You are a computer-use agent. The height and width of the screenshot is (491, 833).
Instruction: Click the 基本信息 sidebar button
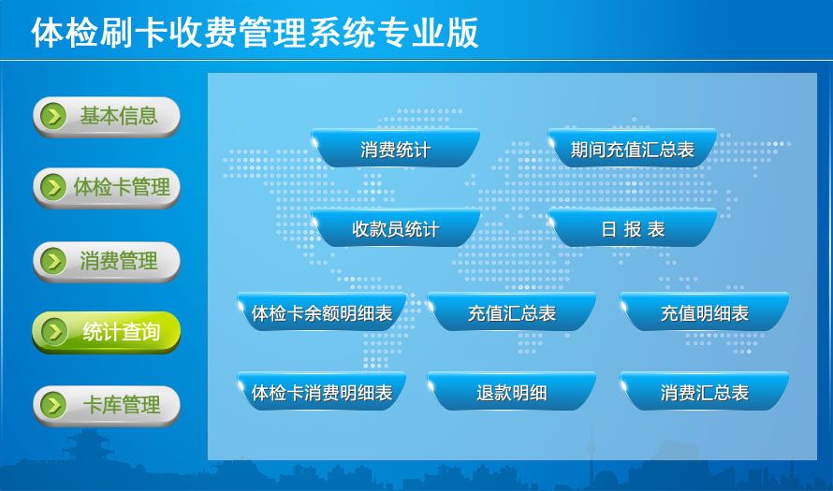pos(107,116)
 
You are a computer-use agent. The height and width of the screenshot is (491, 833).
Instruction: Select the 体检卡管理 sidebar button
pos(107,187)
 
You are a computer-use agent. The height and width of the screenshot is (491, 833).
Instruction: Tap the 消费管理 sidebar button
pos(107,261)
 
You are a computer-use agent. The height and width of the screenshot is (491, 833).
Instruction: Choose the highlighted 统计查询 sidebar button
pos(107,332)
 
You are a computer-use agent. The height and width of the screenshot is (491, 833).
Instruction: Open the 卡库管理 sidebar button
pos(107,406)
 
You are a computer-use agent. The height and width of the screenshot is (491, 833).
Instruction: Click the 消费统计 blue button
pos(396,148)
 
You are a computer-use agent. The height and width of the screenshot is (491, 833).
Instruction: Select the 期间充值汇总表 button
pos(633,148)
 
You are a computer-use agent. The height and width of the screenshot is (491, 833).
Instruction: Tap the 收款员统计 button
pos(396,227)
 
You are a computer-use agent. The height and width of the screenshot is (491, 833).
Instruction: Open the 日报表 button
pos(633,227)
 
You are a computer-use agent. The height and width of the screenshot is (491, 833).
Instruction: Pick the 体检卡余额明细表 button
pos(322,311)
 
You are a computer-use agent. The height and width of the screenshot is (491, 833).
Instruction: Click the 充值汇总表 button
pos(512,311)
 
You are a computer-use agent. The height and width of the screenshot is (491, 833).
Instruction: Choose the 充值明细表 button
pos(705,311)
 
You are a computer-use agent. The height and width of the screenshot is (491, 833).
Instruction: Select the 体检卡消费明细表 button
pos(322,391)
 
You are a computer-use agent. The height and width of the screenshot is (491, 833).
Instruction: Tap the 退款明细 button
pos(512,391)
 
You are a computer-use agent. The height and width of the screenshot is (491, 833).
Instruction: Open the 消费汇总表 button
pos(705,391)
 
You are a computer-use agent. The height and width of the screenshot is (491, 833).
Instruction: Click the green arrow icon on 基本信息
pos(53,116)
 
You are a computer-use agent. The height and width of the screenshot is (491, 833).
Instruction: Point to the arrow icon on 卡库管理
pos(53,405)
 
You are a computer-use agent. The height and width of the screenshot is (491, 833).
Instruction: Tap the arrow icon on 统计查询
pos(53,332)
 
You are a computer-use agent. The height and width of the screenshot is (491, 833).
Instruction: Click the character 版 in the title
pos(462,33)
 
